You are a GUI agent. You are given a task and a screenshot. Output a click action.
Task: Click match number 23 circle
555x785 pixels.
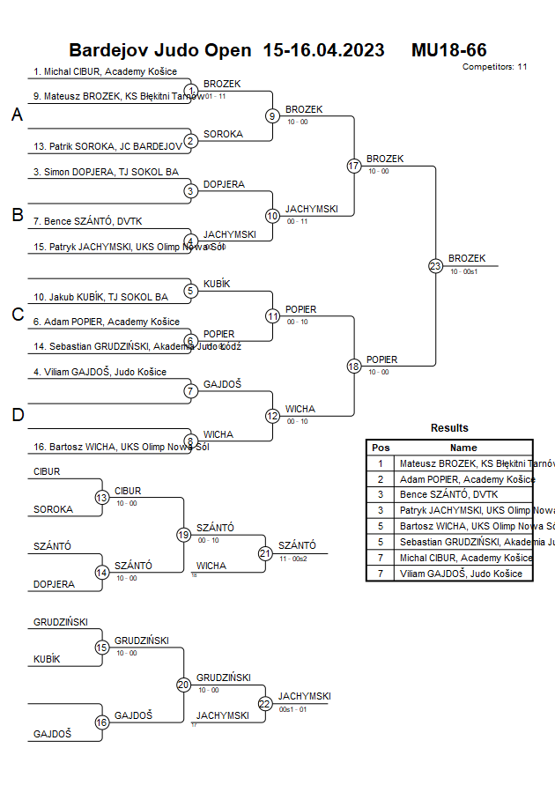[435, 266]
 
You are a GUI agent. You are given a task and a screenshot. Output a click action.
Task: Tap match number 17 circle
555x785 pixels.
[354, 166]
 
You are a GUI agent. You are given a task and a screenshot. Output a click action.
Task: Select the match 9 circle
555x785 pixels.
[273, 115]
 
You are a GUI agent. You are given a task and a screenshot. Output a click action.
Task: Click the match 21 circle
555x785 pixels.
[265, 553]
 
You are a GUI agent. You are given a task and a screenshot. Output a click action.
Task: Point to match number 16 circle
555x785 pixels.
[102, 722]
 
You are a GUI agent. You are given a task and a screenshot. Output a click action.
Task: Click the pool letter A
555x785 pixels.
[17, 115]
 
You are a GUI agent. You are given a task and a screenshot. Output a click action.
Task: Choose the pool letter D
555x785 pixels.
[17, 415]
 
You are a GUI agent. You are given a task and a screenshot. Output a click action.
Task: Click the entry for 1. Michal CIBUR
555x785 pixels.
[105, 71]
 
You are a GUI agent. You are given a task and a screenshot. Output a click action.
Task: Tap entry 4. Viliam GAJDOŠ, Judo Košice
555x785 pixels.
[100, 372]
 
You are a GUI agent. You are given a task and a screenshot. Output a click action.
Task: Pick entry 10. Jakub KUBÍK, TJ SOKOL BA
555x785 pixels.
[100, 297]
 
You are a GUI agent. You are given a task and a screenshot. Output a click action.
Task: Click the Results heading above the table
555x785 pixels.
[449, 428]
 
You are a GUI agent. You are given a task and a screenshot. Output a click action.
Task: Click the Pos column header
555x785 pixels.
[381, 448]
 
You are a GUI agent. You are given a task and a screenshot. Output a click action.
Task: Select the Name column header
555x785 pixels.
[463, 448]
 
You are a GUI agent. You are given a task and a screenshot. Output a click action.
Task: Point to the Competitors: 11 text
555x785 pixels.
[494, 66]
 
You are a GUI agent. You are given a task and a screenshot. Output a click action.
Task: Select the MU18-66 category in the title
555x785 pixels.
[448, 50]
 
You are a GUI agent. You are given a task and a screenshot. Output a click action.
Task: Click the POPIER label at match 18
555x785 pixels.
[381, 359]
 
